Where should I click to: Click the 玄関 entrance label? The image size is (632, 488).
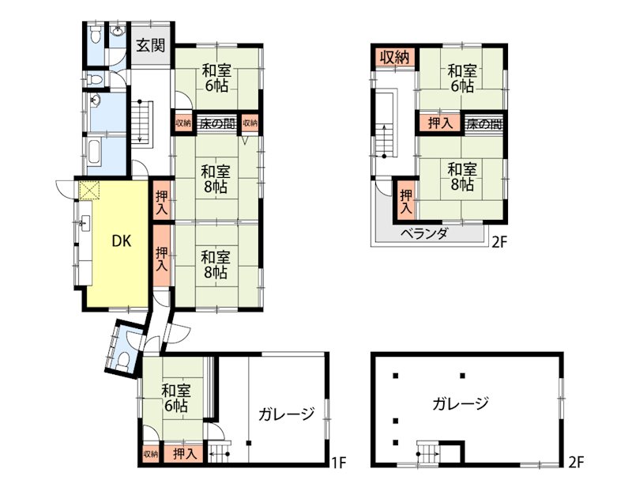pos(150,45)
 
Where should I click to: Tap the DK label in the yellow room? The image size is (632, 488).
pos(122,241)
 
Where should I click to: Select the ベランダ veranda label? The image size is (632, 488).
pos(425,233)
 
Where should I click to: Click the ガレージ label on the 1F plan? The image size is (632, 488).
pos(287,414)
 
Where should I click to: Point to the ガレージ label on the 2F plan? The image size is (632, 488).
pos(461,403)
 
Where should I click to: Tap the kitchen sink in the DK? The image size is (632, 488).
pos(85,223)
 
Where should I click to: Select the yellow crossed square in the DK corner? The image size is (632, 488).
pos(89,190)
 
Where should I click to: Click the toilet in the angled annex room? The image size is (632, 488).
pos(124,360)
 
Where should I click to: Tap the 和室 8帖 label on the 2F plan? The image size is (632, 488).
pos(462,176)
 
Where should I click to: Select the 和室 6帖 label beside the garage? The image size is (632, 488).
pos(176,398)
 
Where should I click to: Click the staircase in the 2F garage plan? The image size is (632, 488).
pos(427,453)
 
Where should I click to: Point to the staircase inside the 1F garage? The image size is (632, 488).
pos(220,453)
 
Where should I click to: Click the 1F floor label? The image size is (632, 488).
pos(338,462)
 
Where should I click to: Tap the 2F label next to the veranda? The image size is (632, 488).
pos(498,242)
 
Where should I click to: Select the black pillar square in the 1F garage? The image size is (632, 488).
pos(249,443)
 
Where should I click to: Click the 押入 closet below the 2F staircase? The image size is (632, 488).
pos(406,202)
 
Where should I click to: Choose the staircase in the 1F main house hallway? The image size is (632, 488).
pos(141,122)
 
